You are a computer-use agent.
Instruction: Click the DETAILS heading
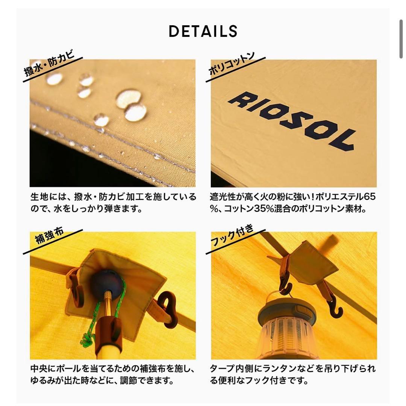click(203, 31)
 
